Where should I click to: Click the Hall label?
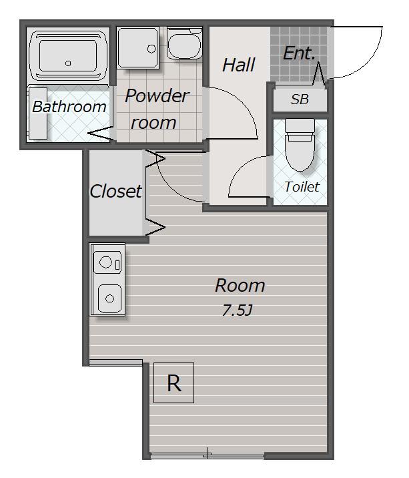[239, 65]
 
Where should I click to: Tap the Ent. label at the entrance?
[299, 53]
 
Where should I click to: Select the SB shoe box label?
[300, 99]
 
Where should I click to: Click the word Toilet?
[302, 186]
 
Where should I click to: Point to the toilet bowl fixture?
[300, 152]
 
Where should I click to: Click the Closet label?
[115, 191]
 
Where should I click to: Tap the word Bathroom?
[69, 107]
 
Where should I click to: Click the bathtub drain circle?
[68, 63]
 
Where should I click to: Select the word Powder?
[157, 96]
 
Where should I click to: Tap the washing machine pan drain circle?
[151, 49]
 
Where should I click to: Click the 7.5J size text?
[237, 310]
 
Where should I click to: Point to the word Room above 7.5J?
[240, 286]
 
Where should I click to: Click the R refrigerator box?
[173, 383]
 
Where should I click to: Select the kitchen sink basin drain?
[109, 299]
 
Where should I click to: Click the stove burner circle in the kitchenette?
[106, 262]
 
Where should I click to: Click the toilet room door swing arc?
[240, 168]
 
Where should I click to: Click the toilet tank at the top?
[300, 126]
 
